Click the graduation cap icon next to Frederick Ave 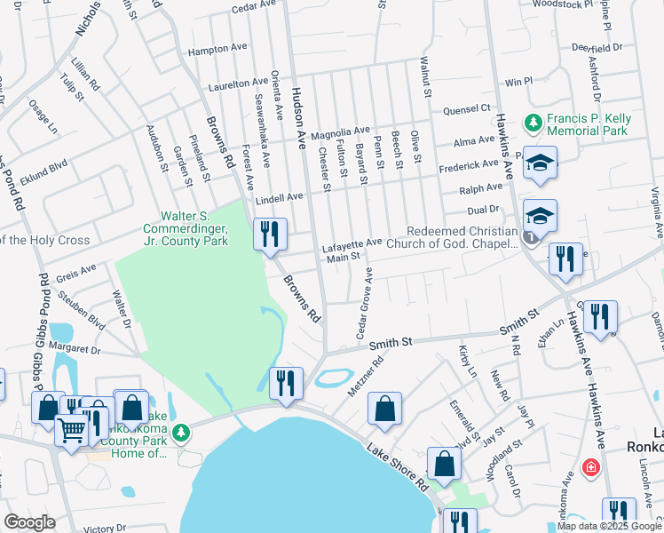(539, 163)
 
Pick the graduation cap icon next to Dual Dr (540, 215)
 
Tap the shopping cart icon (71, 430)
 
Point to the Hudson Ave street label (300, 121)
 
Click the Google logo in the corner (29, 522)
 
